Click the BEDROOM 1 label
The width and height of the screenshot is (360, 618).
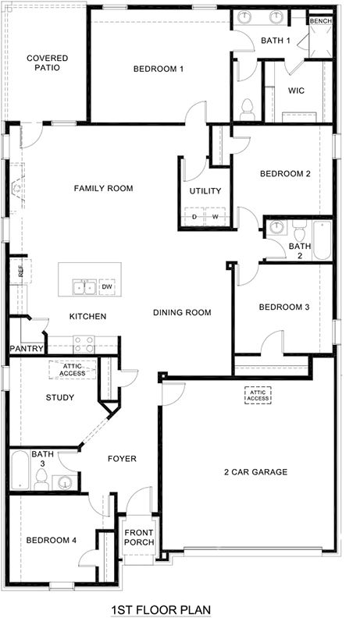(x=159, y=69)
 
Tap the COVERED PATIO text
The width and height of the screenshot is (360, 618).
(x=47, y=62)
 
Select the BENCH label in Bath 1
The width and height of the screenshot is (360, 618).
(x=320, y=21)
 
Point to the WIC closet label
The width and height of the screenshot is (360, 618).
(x=296, y=91)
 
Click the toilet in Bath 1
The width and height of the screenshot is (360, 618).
(x=248, y=106)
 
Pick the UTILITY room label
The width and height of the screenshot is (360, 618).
(x=205, y=191)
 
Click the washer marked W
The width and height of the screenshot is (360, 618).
(x=215, y=217)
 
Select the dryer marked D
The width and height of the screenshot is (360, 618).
(x=194, y=217)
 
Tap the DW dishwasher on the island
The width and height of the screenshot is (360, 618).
(x=108, y=287)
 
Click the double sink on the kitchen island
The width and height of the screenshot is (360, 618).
(x=84, y=287)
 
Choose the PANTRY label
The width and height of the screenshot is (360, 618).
(x=25, y=348)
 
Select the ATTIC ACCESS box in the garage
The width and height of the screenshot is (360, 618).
(x=257, y=396)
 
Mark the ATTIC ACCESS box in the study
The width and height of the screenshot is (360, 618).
(x=73, y=370)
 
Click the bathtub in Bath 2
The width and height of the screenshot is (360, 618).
(x=321, y=240)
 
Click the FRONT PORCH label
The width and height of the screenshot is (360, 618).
(x=140, y=538)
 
